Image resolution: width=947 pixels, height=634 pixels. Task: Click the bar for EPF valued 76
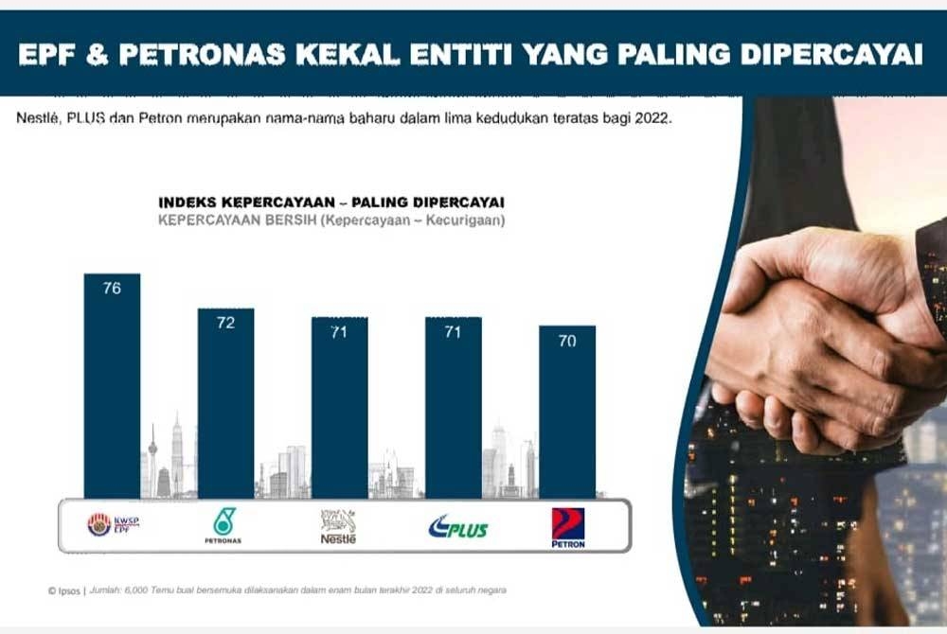pos(112,388)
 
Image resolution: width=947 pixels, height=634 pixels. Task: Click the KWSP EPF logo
pos(113,524)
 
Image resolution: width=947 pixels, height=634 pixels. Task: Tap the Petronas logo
pos(223,525)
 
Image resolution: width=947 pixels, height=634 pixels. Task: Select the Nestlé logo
pos(338,525)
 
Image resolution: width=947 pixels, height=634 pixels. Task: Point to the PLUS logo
pos(457,526)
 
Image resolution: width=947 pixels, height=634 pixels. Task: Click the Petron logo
pos(568,527)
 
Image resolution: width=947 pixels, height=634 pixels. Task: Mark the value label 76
pos(112,288)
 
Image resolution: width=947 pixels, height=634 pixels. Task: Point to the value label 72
pos(225,323)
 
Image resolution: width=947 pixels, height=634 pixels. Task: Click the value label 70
pos(567,341)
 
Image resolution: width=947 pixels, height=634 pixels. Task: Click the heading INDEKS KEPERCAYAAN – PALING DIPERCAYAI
pos(331,203)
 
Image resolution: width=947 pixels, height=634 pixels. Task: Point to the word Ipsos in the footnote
pos(69,590)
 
